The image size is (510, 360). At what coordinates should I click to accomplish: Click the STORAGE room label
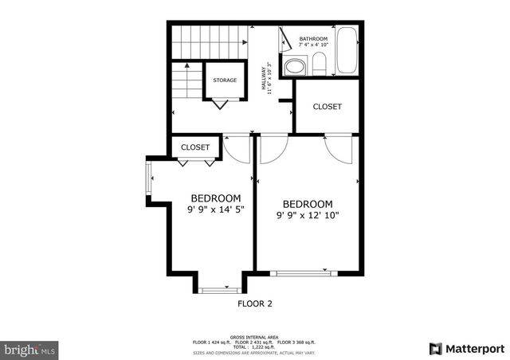[225, 80]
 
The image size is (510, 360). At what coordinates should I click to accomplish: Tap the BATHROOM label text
[313, 39]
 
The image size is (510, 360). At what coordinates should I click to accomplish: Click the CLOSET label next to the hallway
[327, 107]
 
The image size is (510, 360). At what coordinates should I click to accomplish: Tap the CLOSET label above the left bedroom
[195, 147]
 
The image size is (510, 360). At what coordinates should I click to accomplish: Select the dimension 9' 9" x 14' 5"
[216, 209]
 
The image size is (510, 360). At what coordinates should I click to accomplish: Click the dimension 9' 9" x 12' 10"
[308, 215]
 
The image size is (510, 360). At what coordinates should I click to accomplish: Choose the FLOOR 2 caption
[255, 303]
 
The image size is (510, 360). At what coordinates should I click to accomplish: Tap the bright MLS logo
[29, 350]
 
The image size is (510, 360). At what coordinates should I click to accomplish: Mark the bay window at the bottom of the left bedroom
[220, 290]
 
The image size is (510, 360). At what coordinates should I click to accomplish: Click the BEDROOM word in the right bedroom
[308, 204]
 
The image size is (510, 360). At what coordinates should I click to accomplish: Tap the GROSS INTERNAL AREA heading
[254, 337]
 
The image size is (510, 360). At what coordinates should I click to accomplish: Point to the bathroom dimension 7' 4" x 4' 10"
[313, 45]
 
